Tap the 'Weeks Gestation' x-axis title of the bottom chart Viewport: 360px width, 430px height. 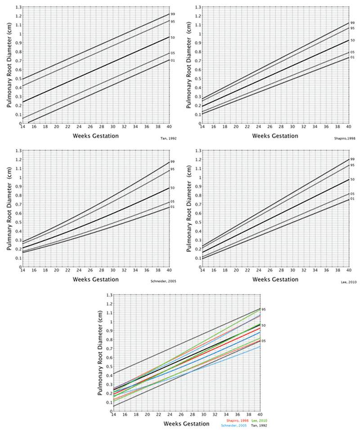tap(186, 424)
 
